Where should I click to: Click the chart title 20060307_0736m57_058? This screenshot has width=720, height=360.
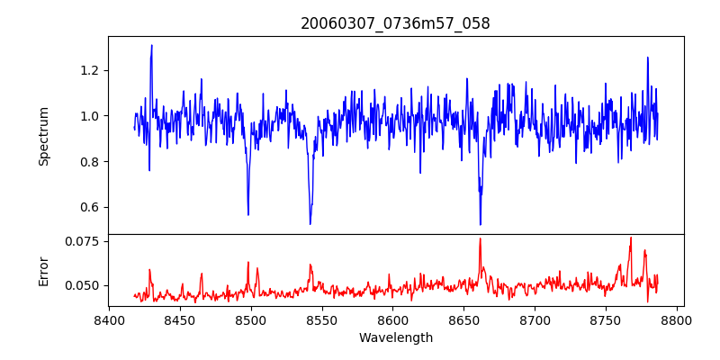(x=395, y=23)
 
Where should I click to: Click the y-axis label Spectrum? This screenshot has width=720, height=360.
(x=43, y=137)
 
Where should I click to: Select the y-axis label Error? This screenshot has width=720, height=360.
(x=43, y=270)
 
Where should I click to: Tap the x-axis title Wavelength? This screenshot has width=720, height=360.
(x=395, y=338)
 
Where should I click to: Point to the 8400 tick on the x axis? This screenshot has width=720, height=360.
(x=109, y=319)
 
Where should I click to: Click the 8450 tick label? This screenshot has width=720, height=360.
(x=180, y=319)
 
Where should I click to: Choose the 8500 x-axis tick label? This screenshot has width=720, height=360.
(x=251, y=319)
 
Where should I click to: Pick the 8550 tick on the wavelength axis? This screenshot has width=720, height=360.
(x=322, y=319)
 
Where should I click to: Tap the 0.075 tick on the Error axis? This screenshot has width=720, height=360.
(x=82, y=241)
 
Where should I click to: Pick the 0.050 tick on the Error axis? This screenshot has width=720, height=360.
(x=82, y=285)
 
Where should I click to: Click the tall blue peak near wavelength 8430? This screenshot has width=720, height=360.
(x=151, y=46)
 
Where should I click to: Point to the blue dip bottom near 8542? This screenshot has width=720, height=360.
(x=310, y=223)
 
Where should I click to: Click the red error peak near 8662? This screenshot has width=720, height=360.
(x=480, y=239)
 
